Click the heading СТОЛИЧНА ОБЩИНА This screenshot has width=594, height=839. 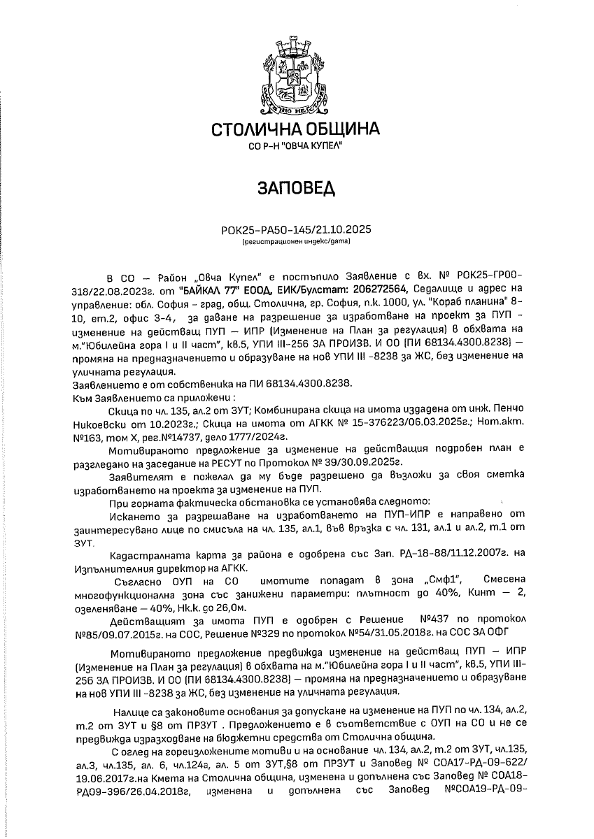[296, 129]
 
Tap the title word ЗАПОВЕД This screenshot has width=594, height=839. [296, 189]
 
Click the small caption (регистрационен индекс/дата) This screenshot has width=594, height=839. [296, 241]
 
